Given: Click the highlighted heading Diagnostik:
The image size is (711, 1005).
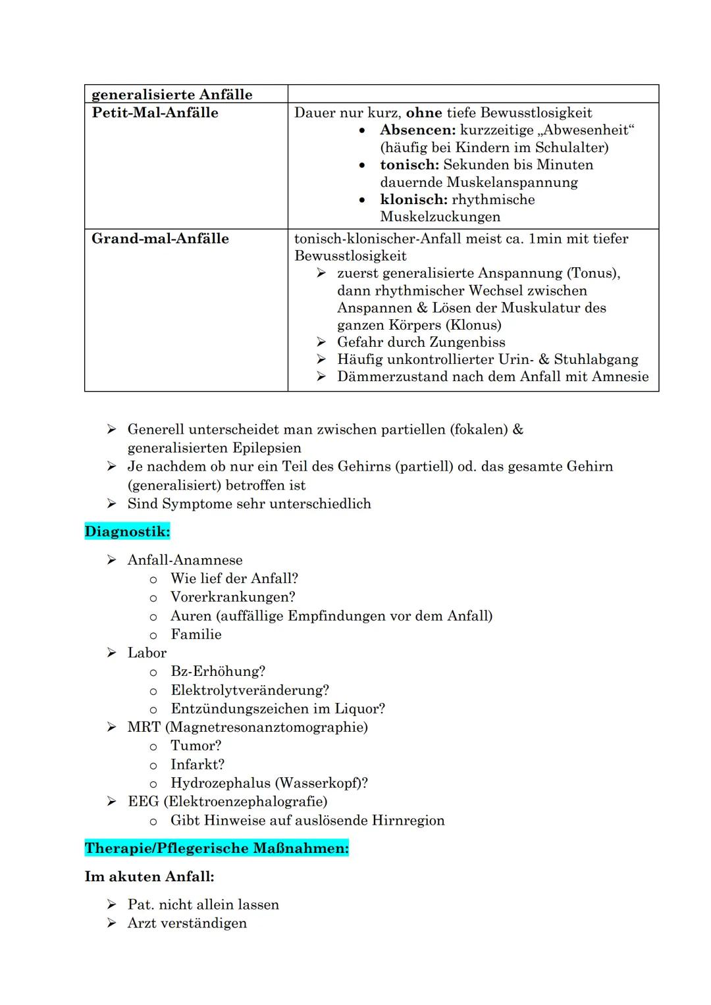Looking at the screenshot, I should (x=127, y=531).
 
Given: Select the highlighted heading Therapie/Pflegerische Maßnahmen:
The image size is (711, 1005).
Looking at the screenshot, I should (x=217, y=848).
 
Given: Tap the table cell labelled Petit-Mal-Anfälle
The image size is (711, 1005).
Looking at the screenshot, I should (x=155, y=113).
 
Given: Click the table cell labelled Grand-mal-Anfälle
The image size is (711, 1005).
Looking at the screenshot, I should (x=160, y=238).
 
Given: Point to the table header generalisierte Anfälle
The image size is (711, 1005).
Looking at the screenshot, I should (x=172, y=94).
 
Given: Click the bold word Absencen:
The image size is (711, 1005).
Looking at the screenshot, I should (x=417, y=130).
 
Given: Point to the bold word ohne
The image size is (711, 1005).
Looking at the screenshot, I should (x=424, y=113).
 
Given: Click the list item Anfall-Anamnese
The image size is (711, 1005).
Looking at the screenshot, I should (x=185, y=560).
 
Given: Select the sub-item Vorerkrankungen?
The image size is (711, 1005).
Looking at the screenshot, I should (x=232, y=597).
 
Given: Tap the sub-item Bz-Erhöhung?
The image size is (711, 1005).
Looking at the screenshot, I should (x=218, y=671).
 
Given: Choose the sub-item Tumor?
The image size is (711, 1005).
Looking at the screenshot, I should (x=196, y=746).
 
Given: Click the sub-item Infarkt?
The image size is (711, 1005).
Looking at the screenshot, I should (x=197, y=764).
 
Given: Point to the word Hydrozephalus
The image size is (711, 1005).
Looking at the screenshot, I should (x=220, y=783).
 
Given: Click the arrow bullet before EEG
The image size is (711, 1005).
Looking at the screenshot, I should (x=112, y=802).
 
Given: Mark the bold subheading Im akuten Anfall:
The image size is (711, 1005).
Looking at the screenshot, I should (x=149, y=877).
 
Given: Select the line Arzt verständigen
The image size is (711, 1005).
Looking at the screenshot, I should (x=187, y=923).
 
